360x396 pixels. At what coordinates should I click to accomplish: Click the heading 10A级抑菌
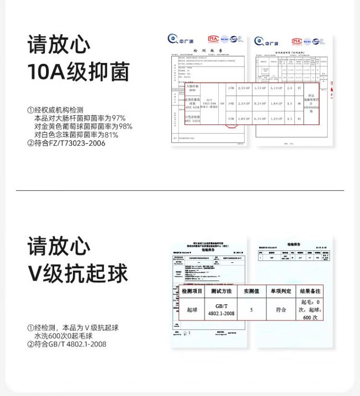tap(78, 72)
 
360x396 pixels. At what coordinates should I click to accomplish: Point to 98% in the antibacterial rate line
tap(125, 126)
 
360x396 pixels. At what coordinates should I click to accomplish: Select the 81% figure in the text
tap(111, 135)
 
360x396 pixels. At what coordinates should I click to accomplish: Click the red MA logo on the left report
tap(213, 39)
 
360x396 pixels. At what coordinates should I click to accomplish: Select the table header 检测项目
tap(192, 292)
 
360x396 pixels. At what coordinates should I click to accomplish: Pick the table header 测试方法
tap(221, 292)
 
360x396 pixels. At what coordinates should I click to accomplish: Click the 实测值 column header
tap(251, 292)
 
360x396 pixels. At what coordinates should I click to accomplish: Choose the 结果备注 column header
tap(310, 292)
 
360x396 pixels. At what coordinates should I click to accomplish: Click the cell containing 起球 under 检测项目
tap(192, 309)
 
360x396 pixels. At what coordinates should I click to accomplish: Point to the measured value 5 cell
tap(251, 309)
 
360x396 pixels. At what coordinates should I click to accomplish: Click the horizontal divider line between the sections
tap(180, 190)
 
